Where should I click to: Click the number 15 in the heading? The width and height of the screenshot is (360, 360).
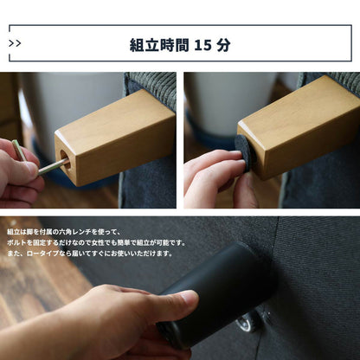[202, 45]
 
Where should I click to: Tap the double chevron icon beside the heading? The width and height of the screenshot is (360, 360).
[15, 43]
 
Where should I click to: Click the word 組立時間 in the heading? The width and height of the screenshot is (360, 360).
[159, 45]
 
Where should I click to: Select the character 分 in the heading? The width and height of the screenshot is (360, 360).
[223, 45]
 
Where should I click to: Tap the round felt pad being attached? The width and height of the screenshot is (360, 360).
[245, 154]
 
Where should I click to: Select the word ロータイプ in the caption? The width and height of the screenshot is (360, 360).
[42, 254]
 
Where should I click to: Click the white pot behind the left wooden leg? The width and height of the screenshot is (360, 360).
[72, 110]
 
